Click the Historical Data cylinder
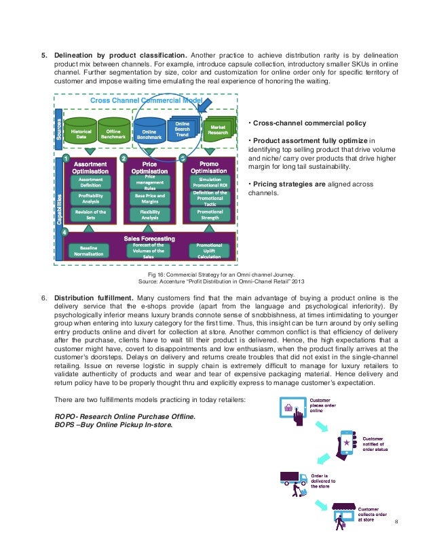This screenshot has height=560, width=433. click(x=81, y=132)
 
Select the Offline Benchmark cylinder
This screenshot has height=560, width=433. click(x=114, y=132)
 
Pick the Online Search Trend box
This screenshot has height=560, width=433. click(x=183, y=128)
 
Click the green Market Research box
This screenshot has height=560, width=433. click(x=218, y=129)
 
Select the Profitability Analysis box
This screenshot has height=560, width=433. click(x=90, y=198)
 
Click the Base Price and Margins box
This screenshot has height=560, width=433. click(x=149, y=198)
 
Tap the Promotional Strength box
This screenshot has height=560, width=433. click(x=210, y=215)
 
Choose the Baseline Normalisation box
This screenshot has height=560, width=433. click(x=90, y=250)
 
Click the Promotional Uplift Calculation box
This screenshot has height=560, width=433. click(x=209, y=250)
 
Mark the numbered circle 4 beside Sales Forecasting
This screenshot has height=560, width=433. click(x=65, y=233)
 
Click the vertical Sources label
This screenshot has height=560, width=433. click(x=59, y=127)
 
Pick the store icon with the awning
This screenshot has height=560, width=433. click(x=342, y=514)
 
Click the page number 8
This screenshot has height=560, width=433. click(x=396, y=523)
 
